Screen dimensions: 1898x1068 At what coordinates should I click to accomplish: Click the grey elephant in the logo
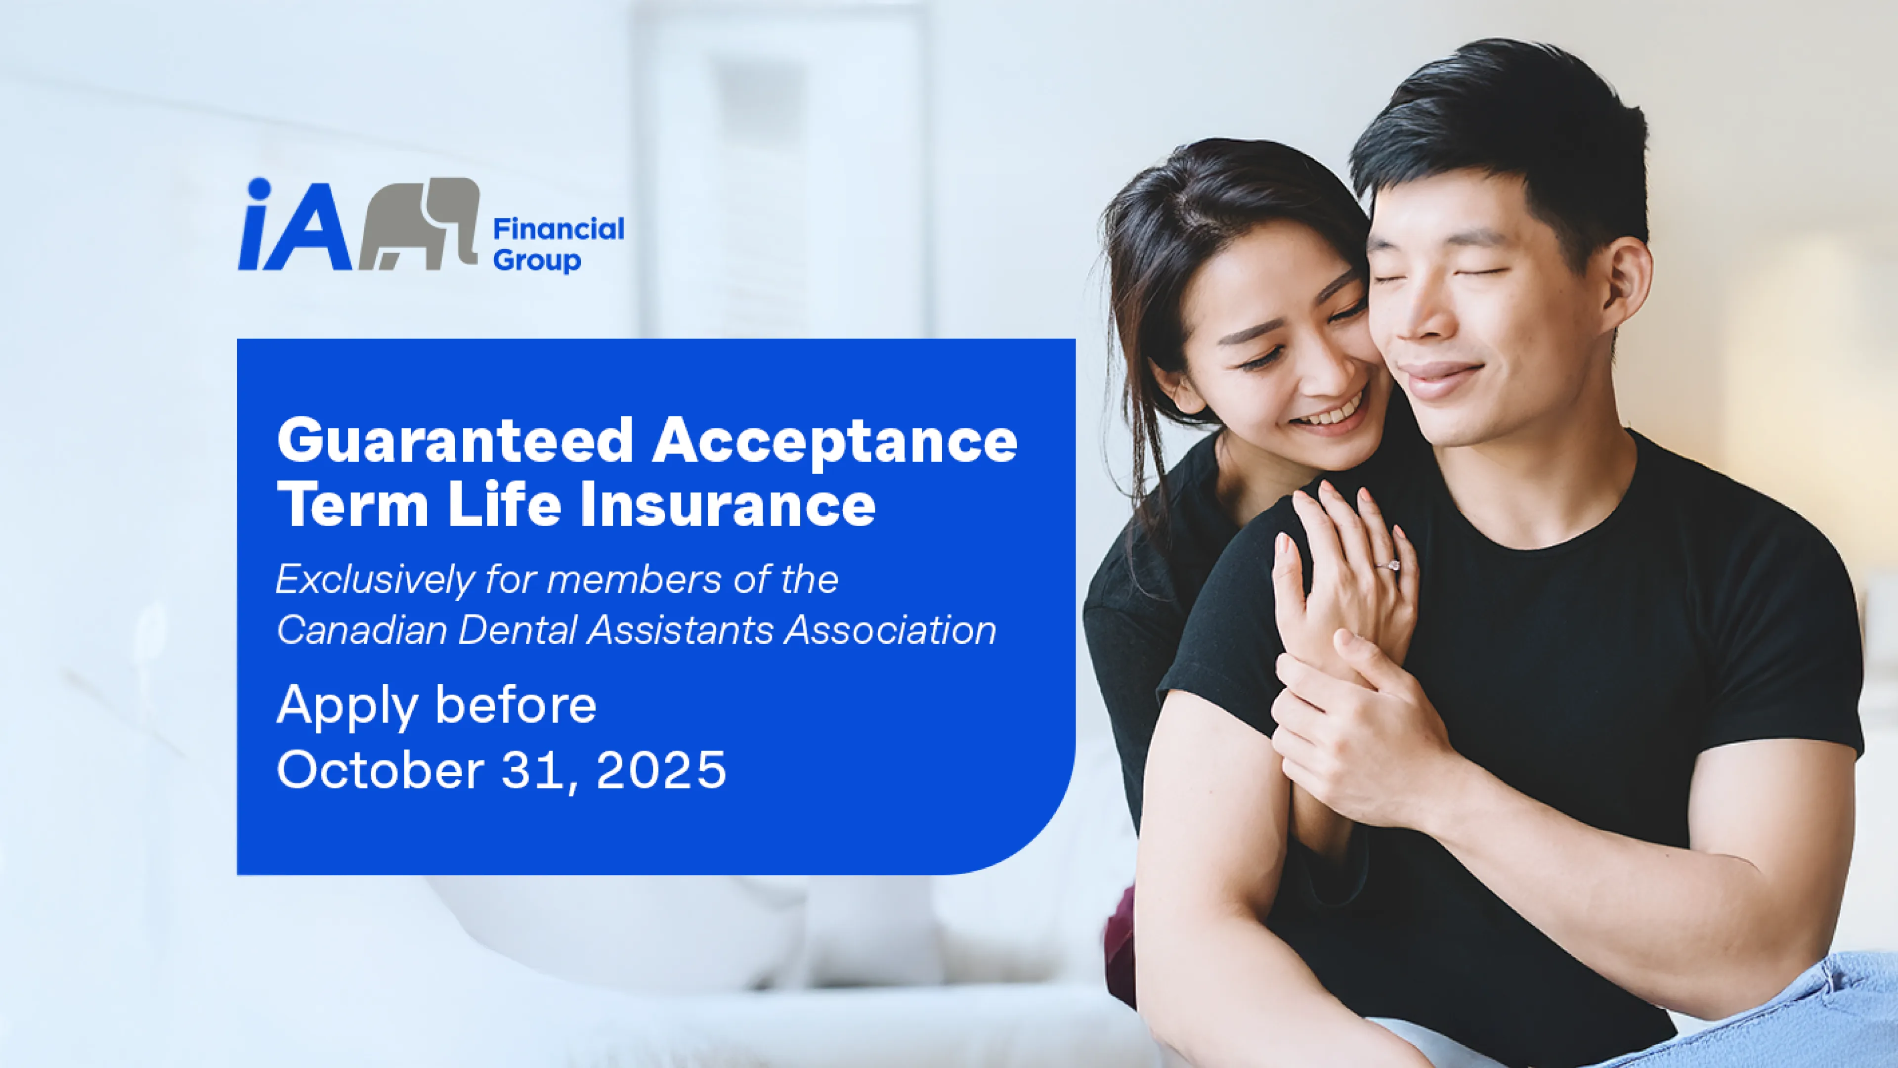[x=419, y=223]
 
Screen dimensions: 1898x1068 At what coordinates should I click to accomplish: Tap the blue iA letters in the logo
[x=295, y=224]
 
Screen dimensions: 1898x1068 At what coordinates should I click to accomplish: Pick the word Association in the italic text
[x=890, y=631]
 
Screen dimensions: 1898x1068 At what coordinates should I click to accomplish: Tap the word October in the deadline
[x=380, y=769]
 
